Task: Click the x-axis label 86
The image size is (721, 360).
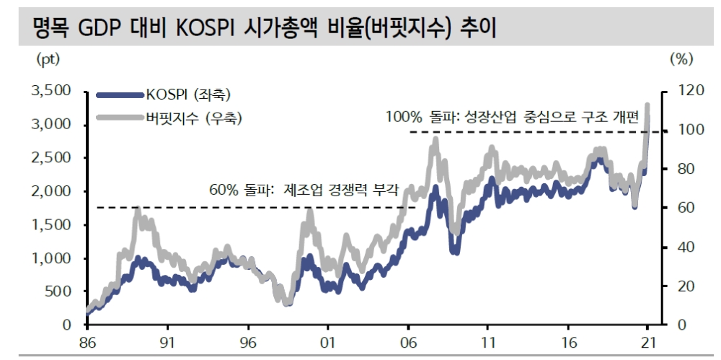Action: pyautogui.click(x=87, y=343)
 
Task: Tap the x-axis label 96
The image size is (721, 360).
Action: pyautogui.click(x=248, y=343)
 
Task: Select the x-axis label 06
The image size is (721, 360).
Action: pyautogui.click(x=408, y=343)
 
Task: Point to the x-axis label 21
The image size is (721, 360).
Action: pyautogui.click(x=647, y=343)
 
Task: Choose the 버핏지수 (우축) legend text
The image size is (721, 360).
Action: pyautogui.click(x=193, y=118)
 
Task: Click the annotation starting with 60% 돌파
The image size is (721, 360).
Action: pyautogui.click(x=304, y=191)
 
